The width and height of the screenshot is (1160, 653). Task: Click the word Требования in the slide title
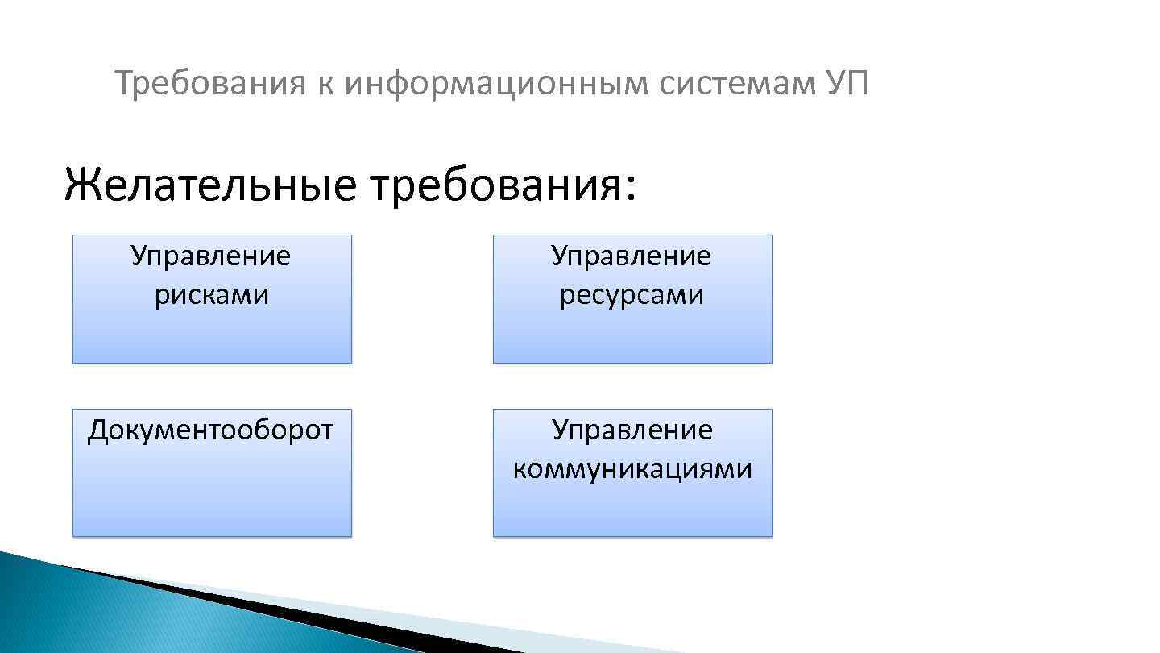(x=209, y=83)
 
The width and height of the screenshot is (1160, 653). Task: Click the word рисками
(x=212, y=295)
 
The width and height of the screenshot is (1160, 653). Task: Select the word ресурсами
(x=632, y=295)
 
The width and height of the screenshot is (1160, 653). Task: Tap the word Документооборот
(x=210, y=430)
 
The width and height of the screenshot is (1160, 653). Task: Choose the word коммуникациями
(x=632, y=468)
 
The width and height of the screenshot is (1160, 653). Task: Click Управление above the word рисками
(x=211, y=256)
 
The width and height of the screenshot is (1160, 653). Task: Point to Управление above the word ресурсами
(x=632, y=256)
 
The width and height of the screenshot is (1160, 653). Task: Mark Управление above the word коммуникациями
(x=632, y=430)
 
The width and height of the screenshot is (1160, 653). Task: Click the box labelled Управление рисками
(x=212, y=331)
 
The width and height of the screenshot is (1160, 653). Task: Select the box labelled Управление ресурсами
(x=632, y=331)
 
